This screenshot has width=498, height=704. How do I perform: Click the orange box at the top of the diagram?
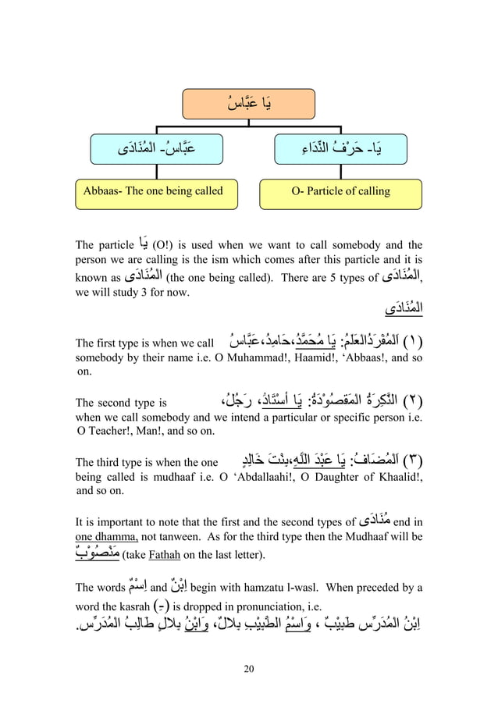[x=248, y=104]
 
